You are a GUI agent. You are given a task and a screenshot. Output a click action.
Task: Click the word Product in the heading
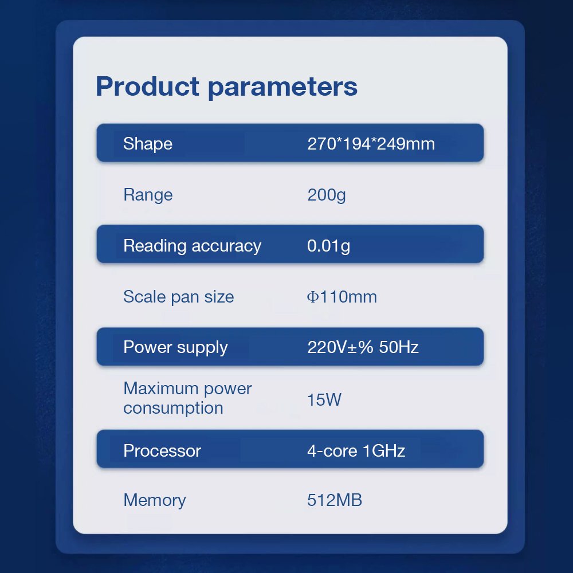coord(147,87)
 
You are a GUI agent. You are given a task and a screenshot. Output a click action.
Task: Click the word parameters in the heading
coord(282,88)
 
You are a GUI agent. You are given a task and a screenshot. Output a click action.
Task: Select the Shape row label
coord(148,144)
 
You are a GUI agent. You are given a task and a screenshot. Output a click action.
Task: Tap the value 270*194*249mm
coord(371,144)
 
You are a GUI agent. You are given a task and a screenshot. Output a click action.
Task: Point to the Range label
coord(148,195)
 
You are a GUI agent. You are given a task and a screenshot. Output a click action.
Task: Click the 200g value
coord(327,195)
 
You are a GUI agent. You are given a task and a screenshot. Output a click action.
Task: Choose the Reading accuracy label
coord(192,246)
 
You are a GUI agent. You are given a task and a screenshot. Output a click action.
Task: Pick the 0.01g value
coord(328,246)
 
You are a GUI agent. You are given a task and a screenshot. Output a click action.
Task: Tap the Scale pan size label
coord(179,297)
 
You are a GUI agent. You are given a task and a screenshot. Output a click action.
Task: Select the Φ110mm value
coord(342,297)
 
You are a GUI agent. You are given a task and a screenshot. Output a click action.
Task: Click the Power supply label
coord(175,348)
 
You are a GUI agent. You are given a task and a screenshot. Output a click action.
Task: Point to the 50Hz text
coord(399,347)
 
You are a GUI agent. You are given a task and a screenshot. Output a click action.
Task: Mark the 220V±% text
coord(340,347)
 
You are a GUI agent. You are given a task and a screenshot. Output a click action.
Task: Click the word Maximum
coord(162,388)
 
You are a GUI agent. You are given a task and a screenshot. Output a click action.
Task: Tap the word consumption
coord(173,408)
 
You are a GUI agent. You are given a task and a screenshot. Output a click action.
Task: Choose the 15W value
coord(324,399)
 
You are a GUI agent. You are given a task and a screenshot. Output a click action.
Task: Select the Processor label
coord(162,450)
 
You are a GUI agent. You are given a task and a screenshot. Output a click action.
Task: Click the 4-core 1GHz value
coord(356,450)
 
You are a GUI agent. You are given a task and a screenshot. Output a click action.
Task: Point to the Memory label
coord(155,500)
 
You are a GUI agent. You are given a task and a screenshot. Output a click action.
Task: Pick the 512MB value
coord(335,500)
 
